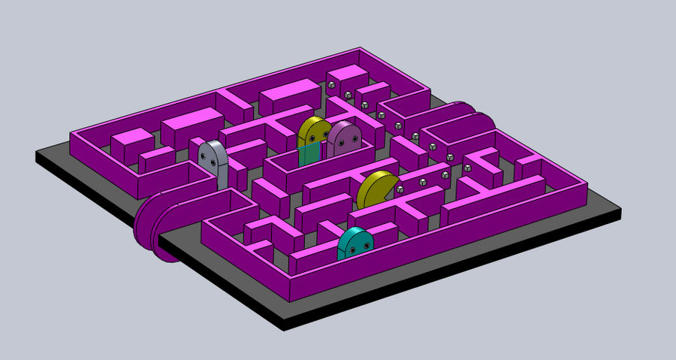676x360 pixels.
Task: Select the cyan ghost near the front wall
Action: point(355,244)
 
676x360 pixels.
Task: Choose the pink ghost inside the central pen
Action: point(344,138)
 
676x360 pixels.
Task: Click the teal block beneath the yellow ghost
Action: point(309,156)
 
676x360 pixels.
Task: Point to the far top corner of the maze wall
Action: point(362,50)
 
